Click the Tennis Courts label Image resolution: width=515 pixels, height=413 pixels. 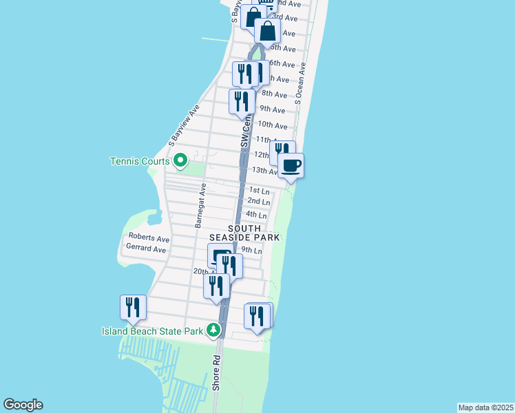pyautogui.click(x=140, y=162)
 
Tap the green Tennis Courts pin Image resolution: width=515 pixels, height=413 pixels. pyautogui.click(x=180, y=162)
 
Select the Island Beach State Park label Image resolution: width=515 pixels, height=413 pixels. pyautogui.click(x=152, y=331)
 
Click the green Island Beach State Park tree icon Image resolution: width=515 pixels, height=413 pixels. pyautogui.click(x=214, y=331)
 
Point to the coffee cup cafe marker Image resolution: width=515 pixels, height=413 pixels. pyautogui.click(x=291, y=166)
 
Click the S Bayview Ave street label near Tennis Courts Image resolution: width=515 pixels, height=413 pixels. pyautogui.click(x=184, y=126)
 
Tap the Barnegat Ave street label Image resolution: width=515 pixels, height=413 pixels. pyautogui.click(x=201, y=205)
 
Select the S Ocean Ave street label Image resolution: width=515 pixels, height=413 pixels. pyautogui.click(x=299, y=83)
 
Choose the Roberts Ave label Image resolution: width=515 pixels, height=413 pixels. pyautogui.click(x=149, y=239)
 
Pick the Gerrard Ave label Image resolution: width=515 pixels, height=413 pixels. pyautogui.click(x=146, y=249)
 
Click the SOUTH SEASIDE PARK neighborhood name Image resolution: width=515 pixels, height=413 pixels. pyautogui.click(x=244, y=233)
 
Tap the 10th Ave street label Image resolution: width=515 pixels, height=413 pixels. pyautogui.click(x=272, y=125)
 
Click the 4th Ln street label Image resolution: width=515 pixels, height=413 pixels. pyautogui.click(x=256, y=215)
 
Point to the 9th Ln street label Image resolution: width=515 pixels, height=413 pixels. pyautogui.click(x=252, y=251)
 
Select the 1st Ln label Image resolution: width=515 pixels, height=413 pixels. pyautogui.click(x=259, y=190)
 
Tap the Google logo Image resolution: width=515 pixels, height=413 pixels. pyautogui.click(x=23, y=405)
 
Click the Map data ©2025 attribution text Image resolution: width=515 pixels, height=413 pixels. pyautogui.click(x=485, y=407)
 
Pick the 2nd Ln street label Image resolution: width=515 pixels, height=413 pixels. pyautogui.click(x=259, y=201)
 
